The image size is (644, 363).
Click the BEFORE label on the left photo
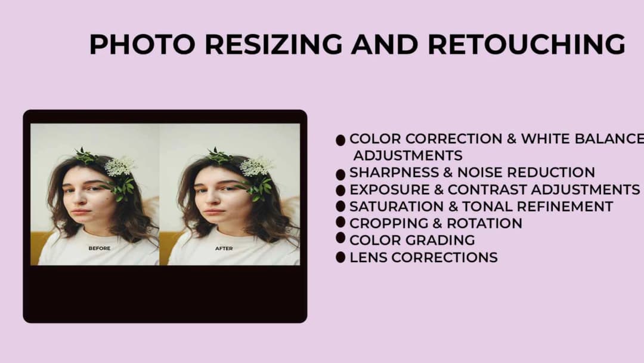[x=100, y=248]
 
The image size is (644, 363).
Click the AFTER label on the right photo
[x=224, y=248]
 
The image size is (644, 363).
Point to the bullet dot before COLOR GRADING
[x=340, y=238]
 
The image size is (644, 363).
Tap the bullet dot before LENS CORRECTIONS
[x=340, y=257]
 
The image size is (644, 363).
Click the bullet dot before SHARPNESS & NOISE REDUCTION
[x=340, y=174]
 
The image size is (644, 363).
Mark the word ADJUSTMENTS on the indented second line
[x=408, y=156]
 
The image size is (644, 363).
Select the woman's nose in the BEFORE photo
[x=82, y=199]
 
